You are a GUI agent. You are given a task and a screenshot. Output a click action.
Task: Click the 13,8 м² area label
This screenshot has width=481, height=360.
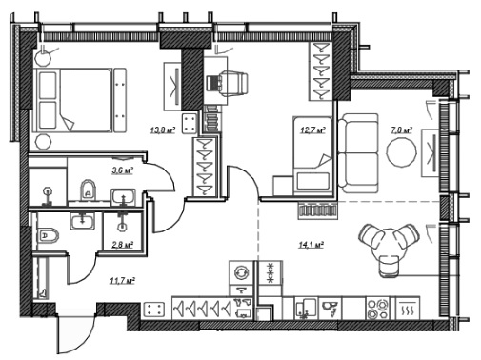(x=163, y=130)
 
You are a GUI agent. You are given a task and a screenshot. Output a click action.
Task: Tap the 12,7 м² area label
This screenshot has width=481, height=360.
(x=312, y=130)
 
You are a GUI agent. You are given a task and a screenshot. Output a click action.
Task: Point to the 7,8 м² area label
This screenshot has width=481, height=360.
(x=401, y=130)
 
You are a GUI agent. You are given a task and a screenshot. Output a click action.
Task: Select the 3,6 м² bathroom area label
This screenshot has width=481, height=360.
(x=122, y=170)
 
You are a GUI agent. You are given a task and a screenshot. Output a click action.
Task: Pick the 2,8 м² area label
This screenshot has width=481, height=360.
(x=122, y=245)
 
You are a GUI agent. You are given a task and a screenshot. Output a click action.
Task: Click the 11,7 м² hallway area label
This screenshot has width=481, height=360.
(x=122, y=281)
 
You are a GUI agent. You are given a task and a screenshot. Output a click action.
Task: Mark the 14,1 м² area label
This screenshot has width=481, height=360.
(x=311, y=245)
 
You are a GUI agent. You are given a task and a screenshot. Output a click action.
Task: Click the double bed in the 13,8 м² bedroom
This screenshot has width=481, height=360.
(x=73, y=100)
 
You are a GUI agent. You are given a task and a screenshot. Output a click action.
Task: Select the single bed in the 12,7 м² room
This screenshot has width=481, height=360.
(x=312, y=156)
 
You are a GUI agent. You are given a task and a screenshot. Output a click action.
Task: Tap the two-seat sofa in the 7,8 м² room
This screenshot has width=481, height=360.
(x=358, y=153)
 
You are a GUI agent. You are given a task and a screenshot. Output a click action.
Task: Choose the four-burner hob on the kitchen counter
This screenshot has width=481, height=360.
(x=378, y=308)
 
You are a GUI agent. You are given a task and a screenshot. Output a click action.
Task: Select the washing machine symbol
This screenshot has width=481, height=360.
(x=241, y=272)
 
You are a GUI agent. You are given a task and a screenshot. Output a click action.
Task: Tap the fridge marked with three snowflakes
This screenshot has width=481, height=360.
(x=271, y=272)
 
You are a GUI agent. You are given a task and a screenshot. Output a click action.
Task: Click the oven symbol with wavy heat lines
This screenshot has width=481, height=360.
(x=408, y=308)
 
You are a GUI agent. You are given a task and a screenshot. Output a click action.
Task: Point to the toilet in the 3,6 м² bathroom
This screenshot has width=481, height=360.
(x=88, y=190)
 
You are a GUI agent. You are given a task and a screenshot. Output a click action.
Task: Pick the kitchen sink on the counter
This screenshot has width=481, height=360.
(x=306, y=308)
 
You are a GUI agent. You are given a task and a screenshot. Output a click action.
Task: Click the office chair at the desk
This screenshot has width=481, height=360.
(x=227, y=84)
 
